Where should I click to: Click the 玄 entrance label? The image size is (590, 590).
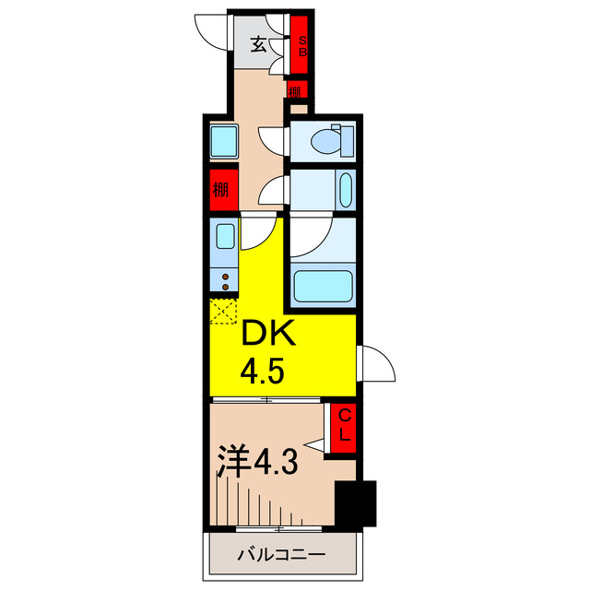coord(259,42)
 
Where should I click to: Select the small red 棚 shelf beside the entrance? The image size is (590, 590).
coord(295,91)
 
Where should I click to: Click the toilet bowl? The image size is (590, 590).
coord(326,141)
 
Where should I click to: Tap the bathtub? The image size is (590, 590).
coord(321,285)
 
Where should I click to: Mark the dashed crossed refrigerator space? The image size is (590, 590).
coord(224,311)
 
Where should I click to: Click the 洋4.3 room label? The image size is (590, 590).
coord(257,460)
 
